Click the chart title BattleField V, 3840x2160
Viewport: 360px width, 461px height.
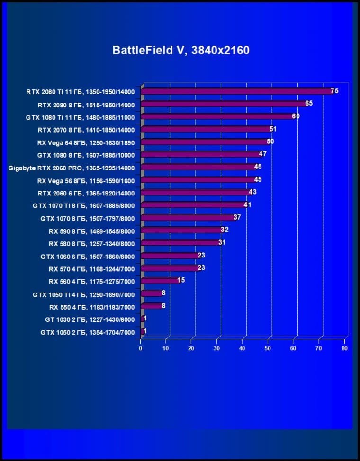point(181,50)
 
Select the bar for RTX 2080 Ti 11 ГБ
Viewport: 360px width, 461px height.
point(237,91)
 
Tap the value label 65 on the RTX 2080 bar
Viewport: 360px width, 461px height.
point(309,103)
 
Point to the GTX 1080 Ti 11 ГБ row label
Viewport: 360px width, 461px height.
point(80,117)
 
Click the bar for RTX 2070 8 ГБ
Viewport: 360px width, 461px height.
point(206,129)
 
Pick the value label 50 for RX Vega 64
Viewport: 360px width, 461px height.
point(270,142)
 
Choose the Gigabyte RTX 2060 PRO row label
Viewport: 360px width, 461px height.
point(72,168)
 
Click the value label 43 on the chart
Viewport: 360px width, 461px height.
point(252,192)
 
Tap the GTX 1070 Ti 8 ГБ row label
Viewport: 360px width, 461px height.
point(84,206)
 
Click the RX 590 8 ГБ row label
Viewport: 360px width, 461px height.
point(91,231)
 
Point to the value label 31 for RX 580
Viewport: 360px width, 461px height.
point(222,243)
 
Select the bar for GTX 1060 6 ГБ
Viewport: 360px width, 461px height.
point(170,256)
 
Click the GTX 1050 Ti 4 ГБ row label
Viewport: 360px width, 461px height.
point(84,295)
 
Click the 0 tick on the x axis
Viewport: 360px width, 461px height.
point(140,348)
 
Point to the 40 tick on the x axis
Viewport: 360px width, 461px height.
point(242,348)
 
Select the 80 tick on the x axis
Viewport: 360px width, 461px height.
point(344,348)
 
